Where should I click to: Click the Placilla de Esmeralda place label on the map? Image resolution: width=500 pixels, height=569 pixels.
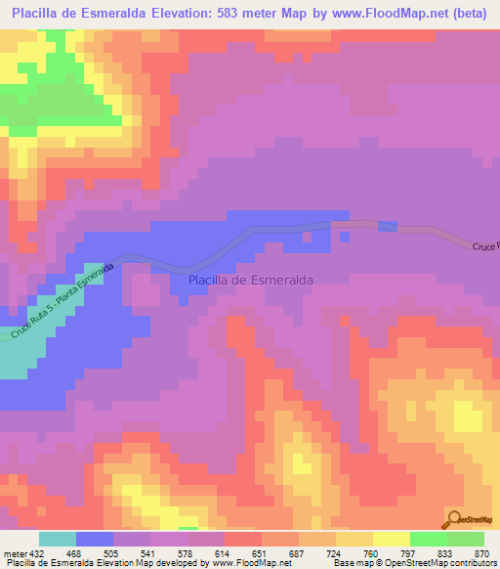click(250, 280)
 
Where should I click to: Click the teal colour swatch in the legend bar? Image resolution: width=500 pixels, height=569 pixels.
click(57, 539)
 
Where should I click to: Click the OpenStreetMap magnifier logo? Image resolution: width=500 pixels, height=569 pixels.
click(455, 518)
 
